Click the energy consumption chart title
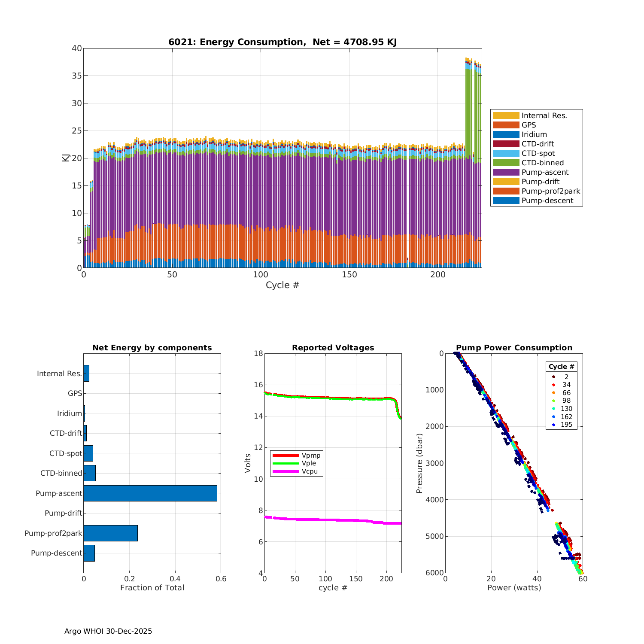[283, 42]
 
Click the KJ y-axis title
[66, 158]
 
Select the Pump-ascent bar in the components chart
[150, 493]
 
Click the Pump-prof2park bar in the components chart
[110, 533]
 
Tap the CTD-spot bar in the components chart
[88, 453]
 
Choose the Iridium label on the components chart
[70, 413]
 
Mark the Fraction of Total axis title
[152, 588]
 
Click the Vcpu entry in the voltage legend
[310, 471]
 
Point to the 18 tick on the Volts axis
[258, 353]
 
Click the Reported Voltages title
[333, 348]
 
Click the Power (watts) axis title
[514, 588]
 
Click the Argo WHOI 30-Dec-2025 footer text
[108, 631]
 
